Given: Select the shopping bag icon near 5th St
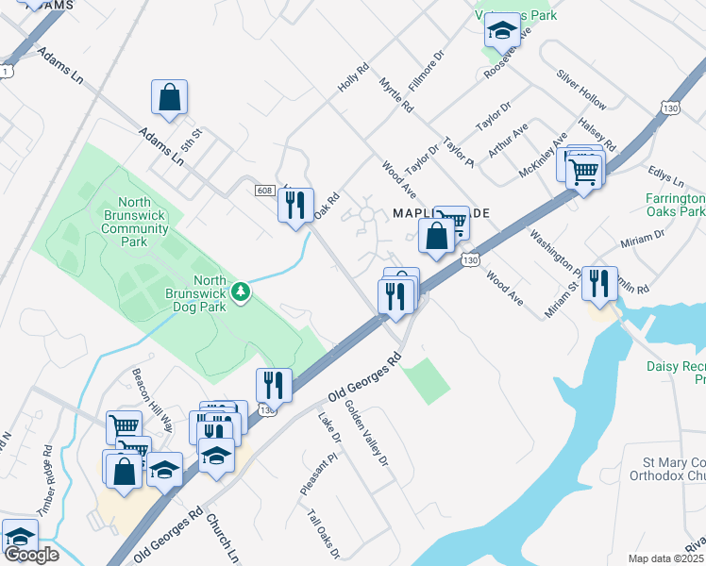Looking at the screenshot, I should coord(169,97).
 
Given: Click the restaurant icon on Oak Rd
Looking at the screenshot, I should coord(295,205).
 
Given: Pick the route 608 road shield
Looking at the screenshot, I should coord(264,191).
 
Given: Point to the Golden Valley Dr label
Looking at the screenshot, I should coord(367,435).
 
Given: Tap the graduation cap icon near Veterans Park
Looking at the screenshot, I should coord(503,30).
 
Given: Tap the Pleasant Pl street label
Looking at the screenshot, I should coord(317,475).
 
